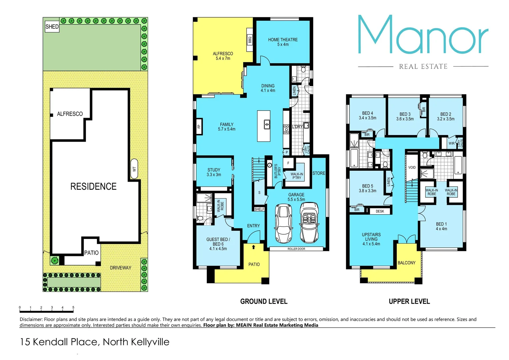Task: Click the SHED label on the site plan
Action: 52,27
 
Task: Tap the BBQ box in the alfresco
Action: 250,40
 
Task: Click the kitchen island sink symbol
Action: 267,124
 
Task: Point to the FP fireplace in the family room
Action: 199,126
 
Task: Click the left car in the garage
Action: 283,224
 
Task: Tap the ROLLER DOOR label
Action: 296,249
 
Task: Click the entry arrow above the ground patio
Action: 254,247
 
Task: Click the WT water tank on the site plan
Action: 134,169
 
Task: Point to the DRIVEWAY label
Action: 121,268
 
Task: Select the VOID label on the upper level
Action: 412,167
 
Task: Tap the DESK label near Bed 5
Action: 380,211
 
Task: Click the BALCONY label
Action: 406,263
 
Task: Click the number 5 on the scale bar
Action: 73,307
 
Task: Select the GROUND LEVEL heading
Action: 263,301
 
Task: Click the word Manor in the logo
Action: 423,35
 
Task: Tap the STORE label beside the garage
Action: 318,173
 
